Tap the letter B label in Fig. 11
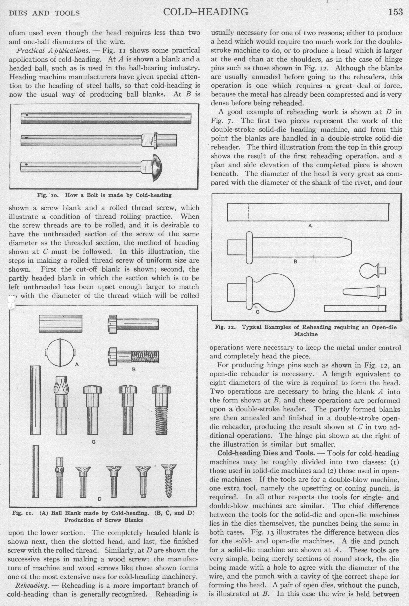(134, 369)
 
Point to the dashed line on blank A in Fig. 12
(249, 212)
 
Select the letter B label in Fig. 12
(295, 262)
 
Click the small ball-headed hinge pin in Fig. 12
(373, 271)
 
